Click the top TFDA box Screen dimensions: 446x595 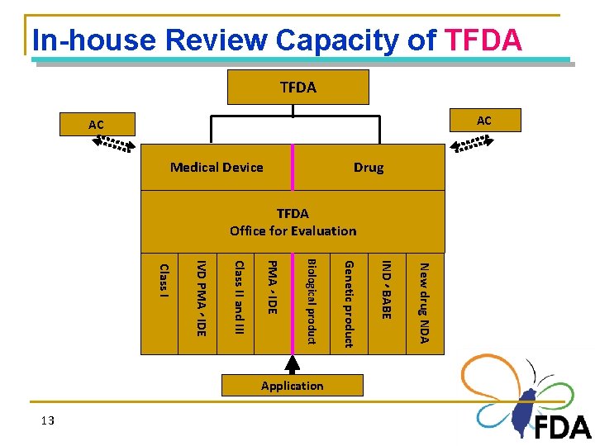pyautogui.click(x=297, y=87)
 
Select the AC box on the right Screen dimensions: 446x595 pyautogui.click(x=483, y=121)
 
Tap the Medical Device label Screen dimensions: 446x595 pyautogui.click(x=217, y=168)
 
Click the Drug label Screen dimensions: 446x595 pyautogui.click(x=368, y=168)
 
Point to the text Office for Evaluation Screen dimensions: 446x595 pyautogui.click(x=293, y=231)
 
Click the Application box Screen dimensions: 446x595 pyautogui.click(x=293, y=386)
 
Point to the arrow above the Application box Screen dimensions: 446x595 pyautogui.click(x=293, y=365)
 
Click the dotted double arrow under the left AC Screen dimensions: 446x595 pyautogui.click(x=112, y=145)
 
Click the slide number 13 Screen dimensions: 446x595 pyautogui.click(x=47, y=421)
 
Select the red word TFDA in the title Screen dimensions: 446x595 pyautogui.click(x=483, y=40)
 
